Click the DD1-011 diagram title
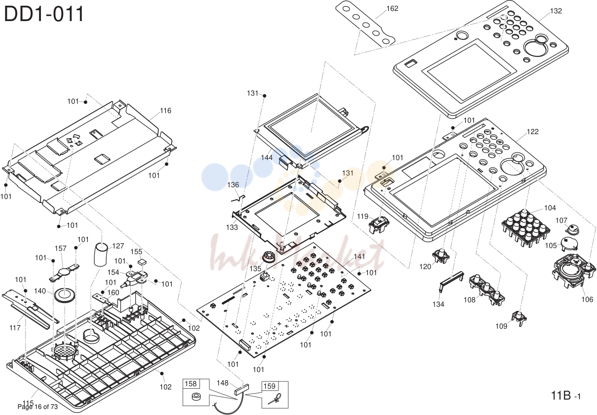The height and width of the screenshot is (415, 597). click(x=44, y=14)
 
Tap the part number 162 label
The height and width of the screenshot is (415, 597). click(x=392, y=9)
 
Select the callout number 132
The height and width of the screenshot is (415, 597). click(x=556, y=11)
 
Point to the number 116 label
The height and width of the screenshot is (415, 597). click(x=166, y=111)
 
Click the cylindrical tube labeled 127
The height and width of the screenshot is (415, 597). click(x=101, y=255)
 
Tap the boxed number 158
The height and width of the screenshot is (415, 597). click(x=191, y=384)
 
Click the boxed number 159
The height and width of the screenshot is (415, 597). click(x=269, y=386)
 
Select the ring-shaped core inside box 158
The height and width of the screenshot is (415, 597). click(x=196, y=397)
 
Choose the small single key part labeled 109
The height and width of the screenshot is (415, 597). click(x=519, y=319)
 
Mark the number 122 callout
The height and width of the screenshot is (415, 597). click(x=533, y=132)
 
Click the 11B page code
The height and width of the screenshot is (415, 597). click(x=565, y=396)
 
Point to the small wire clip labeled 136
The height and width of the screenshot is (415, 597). click(x=238, y=199)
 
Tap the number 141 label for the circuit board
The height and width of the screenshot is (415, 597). click(x=359, y=257)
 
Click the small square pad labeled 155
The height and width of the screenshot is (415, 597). click(x=142, y=261)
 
